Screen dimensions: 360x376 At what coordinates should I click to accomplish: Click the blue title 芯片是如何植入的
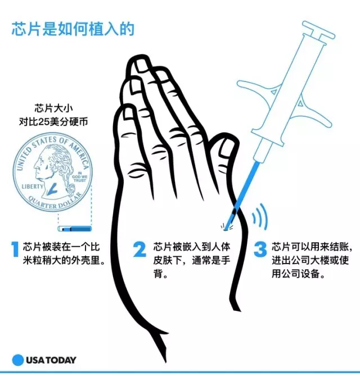73,29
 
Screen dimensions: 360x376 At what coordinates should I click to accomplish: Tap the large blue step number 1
15,250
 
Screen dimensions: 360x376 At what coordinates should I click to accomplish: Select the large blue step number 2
139,250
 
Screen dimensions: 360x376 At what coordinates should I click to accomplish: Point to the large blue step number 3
260,250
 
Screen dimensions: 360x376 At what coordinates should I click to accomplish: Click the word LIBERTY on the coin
33,187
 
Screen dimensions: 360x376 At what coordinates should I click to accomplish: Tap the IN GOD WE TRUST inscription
80,176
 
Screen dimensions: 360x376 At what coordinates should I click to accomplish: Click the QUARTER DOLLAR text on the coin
53,203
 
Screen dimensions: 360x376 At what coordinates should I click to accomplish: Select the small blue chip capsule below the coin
75,229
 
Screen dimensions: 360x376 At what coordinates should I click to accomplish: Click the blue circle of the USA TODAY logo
18,360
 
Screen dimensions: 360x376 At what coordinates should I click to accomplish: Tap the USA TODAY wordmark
51,360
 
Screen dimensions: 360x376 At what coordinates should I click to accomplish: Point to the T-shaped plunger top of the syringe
318,30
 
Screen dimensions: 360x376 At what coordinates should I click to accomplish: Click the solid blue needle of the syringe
243,195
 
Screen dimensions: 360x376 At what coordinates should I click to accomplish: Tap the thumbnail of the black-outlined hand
226,148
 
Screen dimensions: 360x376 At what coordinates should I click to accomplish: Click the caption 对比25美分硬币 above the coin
53,122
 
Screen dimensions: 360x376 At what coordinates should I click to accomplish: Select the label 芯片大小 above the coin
53,108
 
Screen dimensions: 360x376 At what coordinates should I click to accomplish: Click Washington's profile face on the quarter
39,165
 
